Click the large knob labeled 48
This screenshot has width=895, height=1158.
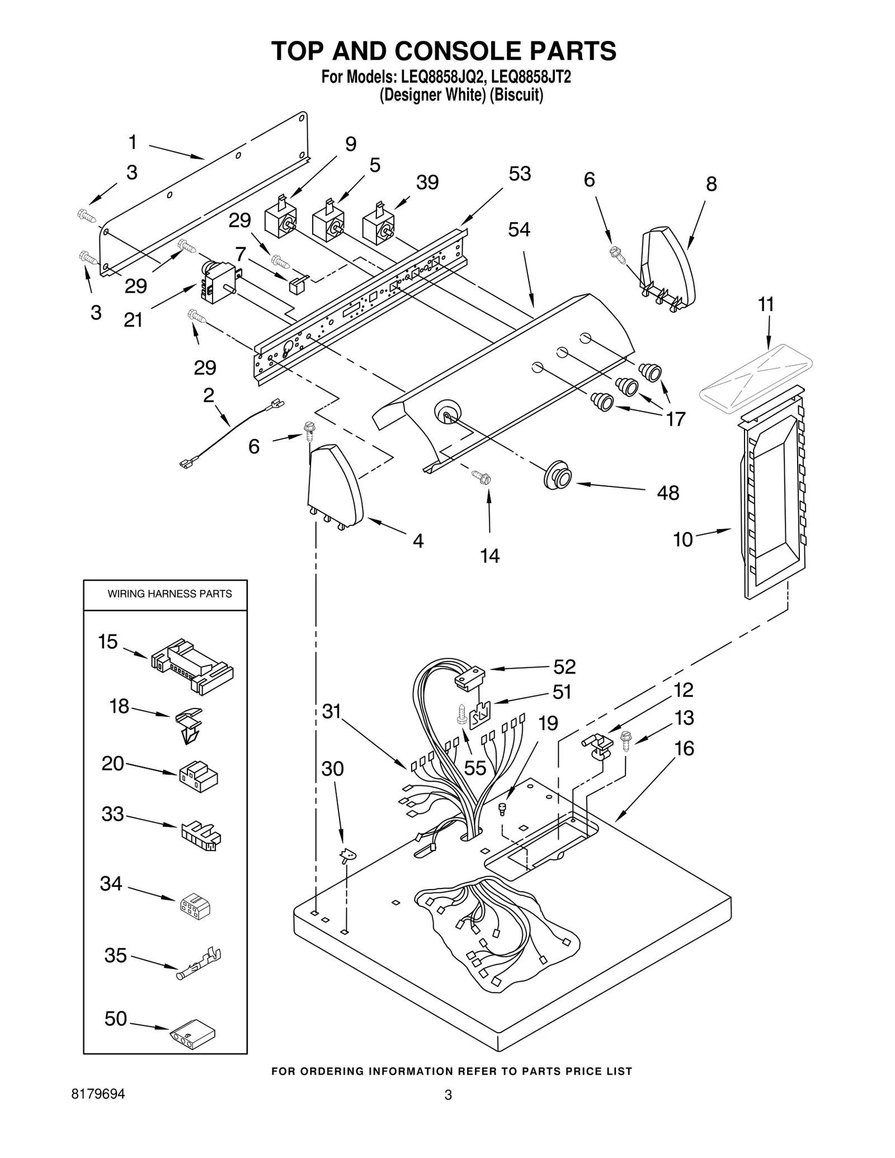point(558,475)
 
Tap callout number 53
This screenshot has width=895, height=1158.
point(519,174)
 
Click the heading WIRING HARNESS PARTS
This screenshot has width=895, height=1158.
point(169,594)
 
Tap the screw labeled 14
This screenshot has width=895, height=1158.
point(482,477)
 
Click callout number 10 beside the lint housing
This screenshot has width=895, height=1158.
point(682,540)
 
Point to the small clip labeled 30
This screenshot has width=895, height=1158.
point(348,855)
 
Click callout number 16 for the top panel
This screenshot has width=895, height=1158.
point(684,748)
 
